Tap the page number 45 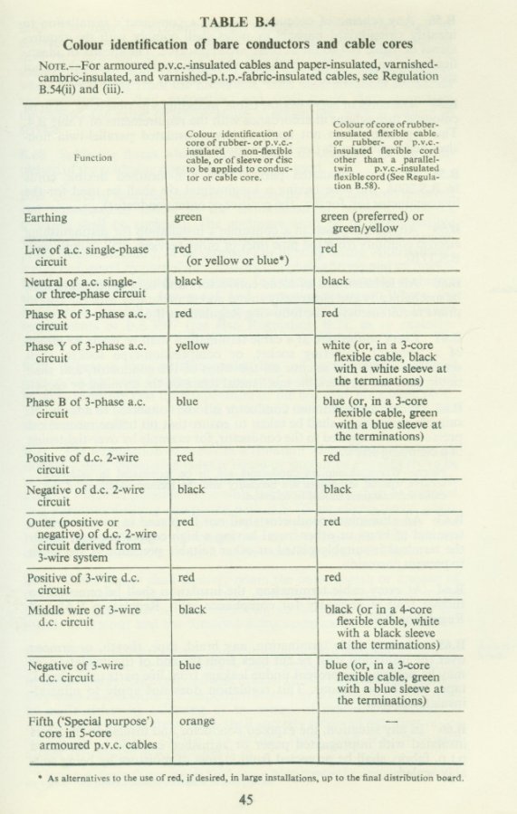[x=246, y=798]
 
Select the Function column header [x=93, y=157]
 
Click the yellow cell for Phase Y [x=192, y=345]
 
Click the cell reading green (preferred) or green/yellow [x=372, y=223]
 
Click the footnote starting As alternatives [x=242, y=778]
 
